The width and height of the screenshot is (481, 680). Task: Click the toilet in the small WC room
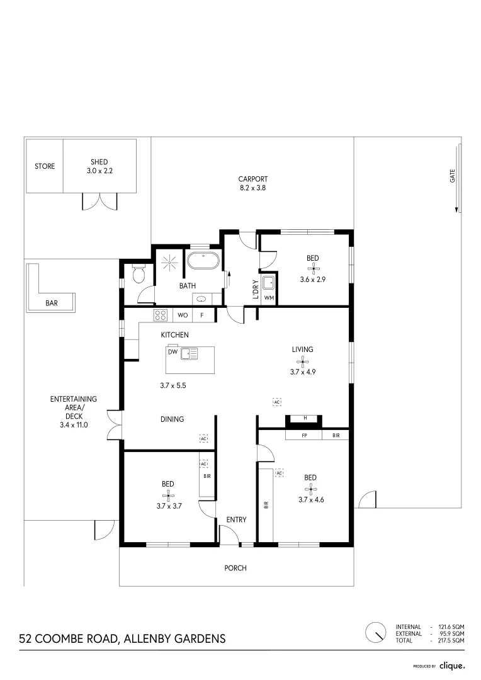coord(139,274)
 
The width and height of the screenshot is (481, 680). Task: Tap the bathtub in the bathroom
coord(202,261)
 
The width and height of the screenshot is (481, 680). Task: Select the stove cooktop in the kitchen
coord(161,315)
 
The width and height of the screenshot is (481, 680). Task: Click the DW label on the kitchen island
coord(172,353)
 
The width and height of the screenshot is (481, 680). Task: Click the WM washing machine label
coord(268,298)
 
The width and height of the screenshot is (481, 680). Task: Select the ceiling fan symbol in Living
coord(302,361)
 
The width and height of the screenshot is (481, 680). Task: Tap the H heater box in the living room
coord(305,418)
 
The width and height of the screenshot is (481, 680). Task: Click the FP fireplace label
coord(304,435)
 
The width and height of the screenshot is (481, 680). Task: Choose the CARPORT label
coord(253,179)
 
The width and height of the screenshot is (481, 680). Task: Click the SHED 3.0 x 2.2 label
coord(99,166)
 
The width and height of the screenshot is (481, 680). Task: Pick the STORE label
coord(45,167)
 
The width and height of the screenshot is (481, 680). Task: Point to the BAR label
coord(52,303)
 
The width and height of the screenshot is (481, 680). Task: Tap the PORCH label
coord(235,568)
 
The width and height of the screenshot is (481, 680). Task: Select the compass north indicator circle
coord(376,632)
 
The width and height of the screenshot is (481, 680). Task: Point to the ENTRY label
coord(236,519)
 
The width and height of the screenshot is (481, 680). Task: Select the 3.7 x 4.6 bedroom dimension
coord(310,500)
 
